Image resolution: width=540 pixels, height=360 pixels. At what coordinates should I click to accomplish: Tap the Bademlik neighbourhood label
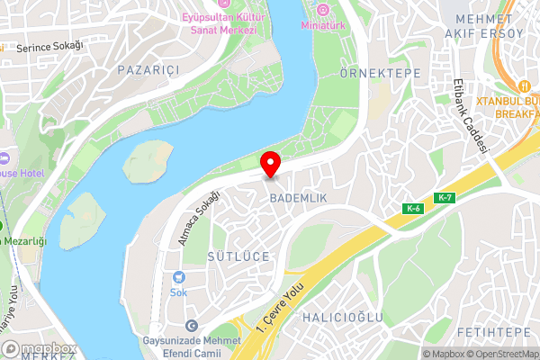[296, 197]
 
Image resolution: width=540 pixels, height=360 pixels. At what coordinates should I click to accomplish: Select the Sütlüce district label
[239, 256]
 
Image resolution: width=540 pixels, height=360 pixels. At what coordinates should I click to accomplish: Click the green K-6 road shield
[413, 209]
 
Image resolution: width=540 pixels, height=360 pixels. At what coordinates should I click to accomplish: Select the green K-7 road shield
[444, 197]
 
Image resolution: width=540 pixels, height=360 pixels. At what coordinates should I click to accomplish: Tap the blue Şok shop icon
[178, 277]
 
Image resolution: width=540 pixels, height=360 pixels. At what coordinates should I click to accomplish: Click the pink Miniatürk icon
[322, 9]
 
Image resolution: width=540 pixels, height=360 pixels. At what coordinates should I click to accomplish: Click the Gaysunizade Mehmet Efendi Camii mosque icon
[191, 325]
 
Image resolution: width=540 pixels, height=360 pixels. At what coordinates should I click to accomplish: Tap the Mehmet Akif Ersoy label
[490, 26]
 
